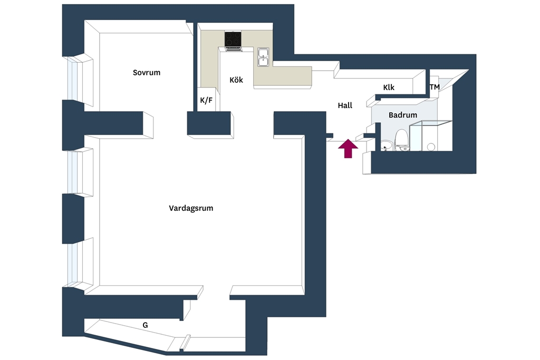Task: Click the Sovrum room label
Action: pos(147,73)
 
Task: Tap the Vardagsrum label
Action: pos(191,208)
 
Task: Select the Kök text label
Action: pos(236,80)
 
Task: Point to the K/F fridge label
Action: pos(206,101)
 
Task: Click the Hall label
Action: pos(345,105)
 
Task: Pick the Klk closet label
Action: pos(389,87)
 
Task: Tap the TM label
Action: pos(435,87)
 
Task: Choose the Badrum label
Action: pos(402,115)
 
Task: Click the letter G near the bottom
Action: pos(146,325)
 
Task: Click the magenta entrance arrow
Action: pos(348,148)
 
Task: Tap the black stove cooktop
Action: pos(233,39)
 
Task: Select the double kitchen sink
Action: pos(264,57)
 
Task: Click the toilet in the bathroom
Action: pos(401,140)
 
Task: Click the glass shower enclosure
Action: pos(430,135)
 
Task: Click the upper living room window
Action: pos(73,172)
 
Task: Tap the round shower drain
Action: pos(431,147)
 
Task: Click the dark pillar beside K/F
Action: pos(209,123)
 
